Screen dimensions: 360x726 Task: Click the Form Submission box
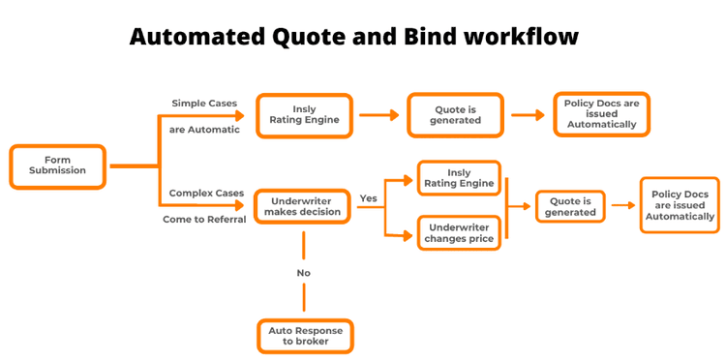[57, 166]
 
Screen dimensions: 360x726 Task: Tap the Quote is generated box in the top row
[455, 114]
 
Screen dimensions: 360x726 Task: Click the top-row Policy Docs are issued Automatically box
[601, 113]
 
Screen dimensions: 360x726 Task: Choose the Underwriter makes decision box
[303, 206]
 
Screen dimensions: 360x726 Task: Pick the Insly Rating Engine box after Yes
[459, 178]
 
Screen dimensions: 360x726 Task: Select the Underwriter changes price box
[459, 232]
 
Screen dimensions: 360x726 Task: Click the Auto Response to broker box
[305, 336]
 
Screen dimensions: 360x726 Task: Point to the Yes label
[368, 198]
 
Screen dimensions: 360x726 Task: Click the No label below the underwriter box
[303, 273]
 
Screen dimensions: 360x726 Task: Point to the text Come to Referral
[204, 219]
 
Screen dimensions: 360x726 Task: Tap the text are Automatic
[204, 129]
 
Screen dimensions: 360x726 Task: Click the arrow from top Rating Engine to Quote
[378, 114]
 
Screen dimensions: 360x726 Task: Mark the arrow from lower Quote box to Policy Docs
[620, 205]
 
